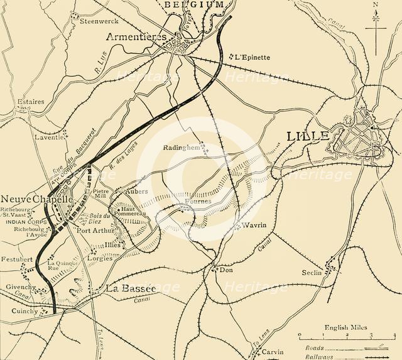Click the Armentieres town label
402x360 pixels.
coord(136,36)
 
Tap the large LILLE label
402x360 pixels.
coord(308,136)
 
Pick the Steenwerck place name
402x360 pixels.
coord(95,20)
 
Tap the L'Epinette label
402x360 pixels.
coord(253,57)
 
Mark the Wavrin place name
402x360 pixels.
coord(252,224)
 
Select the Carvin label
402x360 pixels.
coord(273,352)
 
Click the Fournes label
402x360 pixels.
coord(198,201)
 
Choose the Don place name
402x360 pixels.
coord(226,270)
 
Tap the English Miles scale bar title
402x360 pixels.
coord(345,327)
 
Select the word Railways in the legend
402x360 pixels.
coord(314,355)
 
